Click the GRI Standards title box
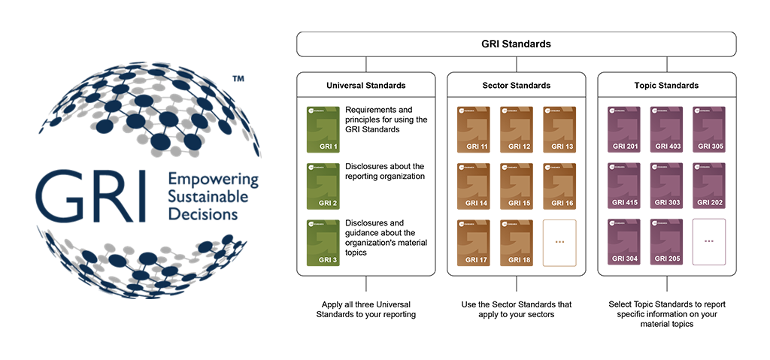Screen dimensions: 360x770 pos(516,44)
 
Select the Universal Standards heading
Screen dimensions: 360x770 pos(366,85)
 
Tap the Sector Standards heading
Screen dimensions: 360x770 pos(516,85)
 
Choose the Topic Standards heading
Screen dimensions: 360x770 pos(666,85)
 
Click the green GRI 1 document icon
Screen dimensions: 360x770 pos(323,129)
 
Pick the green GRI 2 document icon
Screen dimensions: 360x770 pos(323,186)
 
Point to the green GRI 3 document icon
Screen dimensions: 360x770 pos(323,242)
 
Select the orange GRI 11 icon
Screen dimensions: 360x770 pos(474,129)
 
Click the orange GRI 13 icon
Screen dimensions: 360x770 pos(559,129)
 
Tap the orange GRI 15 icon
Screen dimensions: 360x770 pos(516,186)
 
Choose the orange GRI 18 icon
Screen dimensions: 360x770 pos(516,242)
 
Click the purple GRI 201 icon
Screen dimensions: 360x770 pos(624,129)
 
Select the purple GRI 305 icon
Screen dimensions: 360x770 pos(709,129)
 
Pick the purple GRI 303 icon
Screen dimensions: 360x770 pos(666,186)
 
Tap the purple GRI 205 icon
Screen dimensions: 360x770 pos(666,242)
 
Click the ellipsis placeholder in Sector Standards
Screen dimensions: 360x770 pos(559,242)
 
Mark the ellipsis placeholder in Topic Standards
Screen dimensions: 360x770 pos(709,242)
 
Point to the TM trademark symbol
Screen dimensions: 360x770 pos(238,78)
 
